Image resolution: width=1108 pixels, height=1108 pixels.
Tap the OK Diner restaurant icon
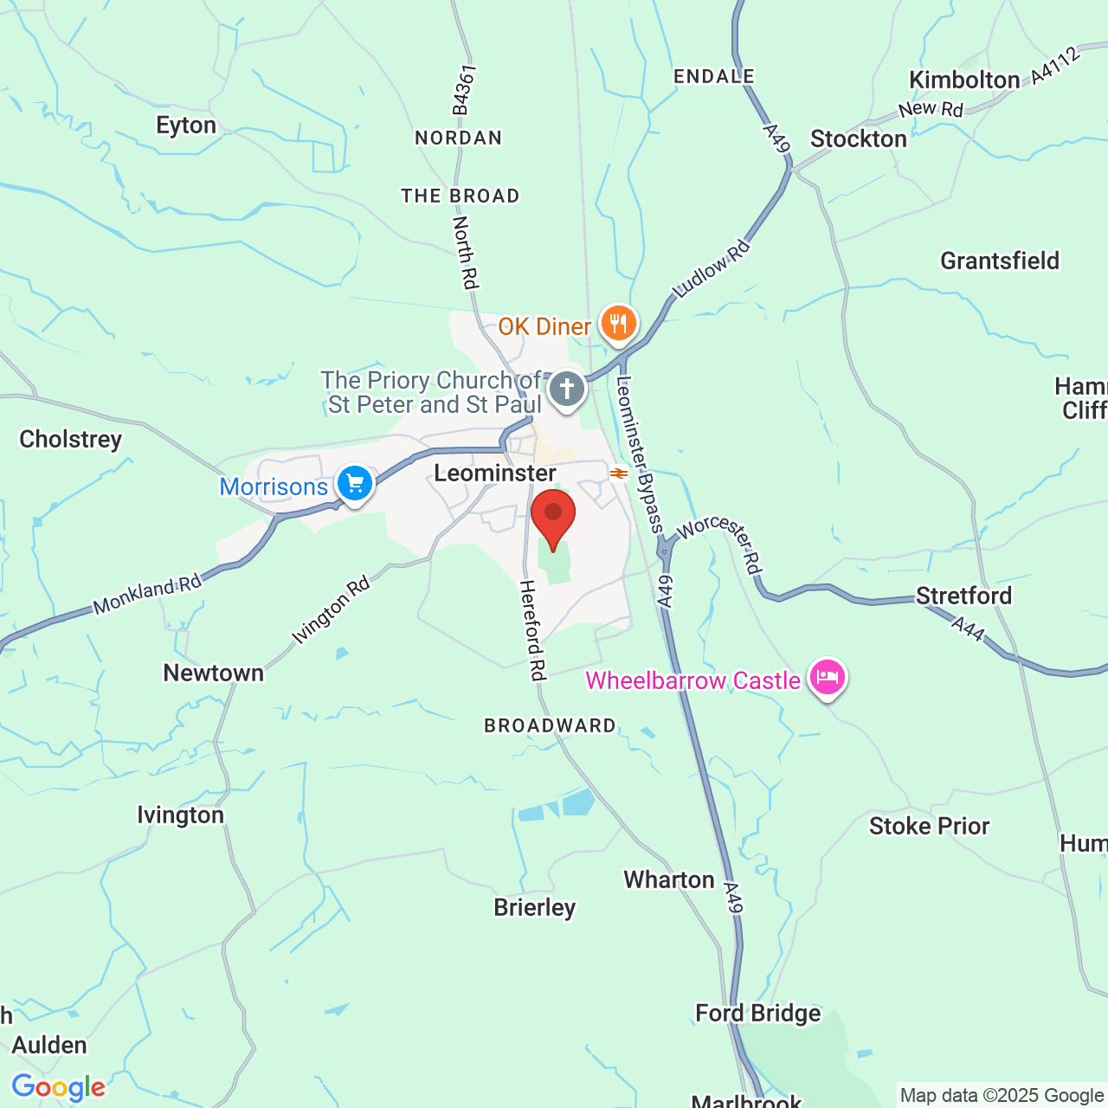(x=618, y=325)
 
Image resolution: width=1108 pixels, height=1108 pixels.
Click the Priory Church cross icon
(x=567, y=390)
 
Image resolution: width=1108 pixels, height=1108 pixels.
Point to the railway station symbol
(x=618, y=473)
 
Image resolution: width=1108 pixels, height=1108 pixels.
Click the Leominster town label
(x=494, y=473)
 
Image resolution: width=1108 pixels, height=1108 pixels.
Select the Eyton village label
(x=186, y=126)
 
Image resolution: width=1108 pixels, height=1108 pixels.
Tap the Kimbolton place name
(x=964, y=81)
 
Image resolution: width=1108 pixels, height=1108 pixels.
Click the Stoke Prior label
(x=929, y=827)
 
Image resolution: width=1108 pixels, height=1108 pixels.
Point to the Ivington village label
(x=180, y=815)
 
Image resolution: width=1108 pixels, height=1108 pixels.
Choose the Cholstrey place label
(x=71, y=440)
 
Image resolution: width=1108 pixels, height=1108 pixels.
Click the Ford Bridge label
(x=757, y=1014)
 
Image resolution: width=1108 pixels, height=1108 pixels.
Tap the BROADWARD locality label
(x=550, y=726)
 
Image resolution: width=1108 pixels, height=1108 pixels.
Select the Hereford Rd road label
(x=532, y=630)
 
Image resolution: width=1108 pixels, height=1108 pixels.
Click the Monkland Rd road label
(x=147, y=595)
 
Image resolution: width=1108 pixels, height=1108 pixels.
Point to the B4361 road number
(x=464, y=90)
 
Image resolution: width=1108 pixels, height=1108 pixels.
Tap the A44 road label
(x=968, y=628)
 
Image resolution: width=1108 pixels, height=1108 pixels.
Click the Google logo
(x=58, y=1087)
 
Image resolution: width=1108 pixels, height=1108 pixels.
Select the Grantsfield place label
(x=1000, y=261)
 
